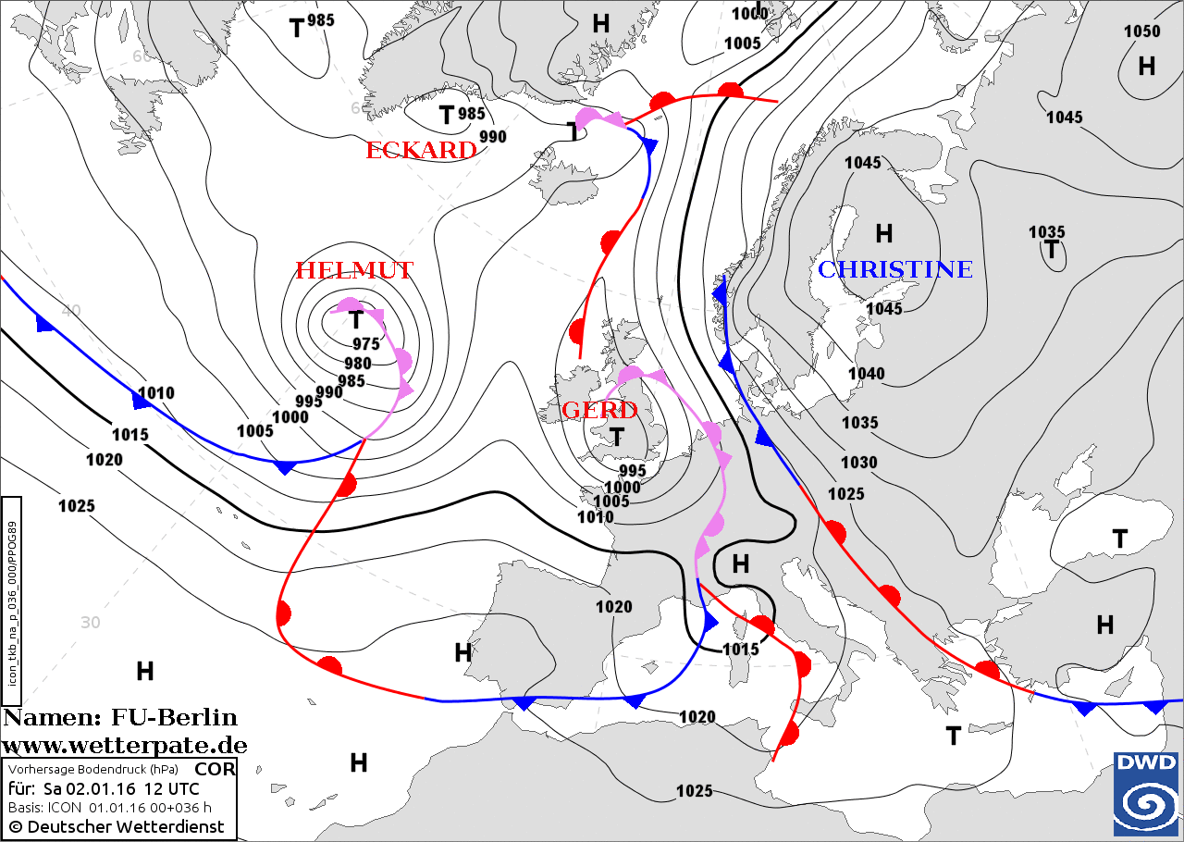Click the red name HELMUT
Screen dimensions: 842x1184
pyautogui.click(x=353, y=270)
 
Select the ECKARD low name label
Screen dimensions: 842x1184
pyautogui.click(x=421, y=150)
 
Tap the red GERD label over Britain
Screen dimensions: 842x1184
pyautogui.click(x=600, y=410)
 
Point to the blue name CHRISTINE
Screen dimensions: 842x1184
pyautogui.click(x=894, y=269)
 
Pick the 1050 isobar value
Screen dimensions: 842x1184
pyautogui.click(x=1141, y=31)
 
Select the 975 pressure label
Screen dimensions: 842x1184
pyautogui.click(x=365, y=344)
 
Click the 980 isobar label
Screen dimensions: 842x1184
pyautogui.click(x=357, y=363)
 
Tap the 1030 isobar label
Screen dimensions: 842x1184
pyautogui.click(x=859, y=463)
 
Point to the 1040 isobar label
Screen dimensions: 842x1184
pyautogui.click(x=867, y=374)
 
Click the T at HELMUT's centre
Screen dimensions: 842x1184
pyautogui.click(x=356, y=320)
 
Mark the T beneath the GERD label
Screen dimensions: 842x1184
pyautogui.click(x=616, y=436)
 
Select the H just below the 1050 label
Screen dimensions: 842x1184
pyautogui.click(x=1146, y=66)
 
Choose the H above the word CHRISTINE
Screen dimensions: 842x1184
pyautogui.click(x=883, y=233)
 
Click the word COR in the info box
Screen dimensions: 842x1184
pyautogui.click(x=216, y=769)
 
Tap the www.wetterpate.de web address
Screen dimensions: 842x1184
pyautogui.click(x=124, y=745)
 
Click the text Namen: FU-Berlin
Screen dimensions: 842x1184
pyautogui.click(x=120, y=718)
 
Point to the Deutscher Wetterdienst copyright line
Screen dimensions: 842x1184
pyautogui.click(x=117, y=826)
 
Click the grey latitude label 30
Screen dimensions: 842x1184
pyautogui.click(x=90, y=623)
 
